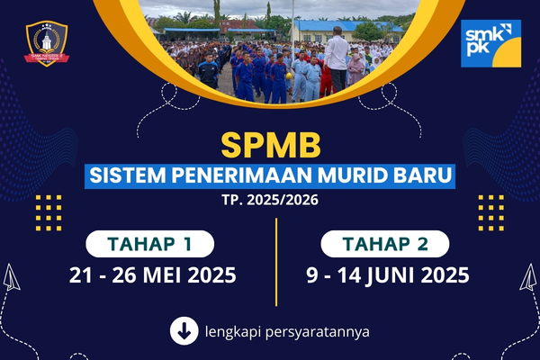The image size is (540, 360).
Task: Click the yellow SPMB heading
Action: [269, 145]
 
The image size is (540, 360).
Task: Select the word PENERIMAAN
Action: [236, 175]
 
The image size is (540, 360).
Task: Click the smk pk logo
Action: [490, 43]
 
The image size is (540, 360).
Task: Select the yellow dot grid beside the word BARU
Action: [490, 212]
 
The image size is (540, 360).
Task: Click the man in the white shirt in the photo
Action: [337, 53]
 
